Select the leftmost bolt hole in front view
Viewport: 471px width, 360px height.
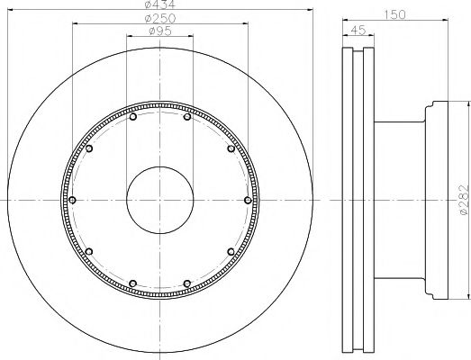[72, 200]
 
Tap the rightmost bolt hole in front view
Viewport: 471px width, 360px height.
[247, 200]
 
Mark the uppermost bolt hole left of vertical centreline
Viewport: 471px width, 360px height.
[133, 117]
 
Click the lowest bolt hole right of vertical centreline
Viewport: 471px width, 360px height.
[186, 283]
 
